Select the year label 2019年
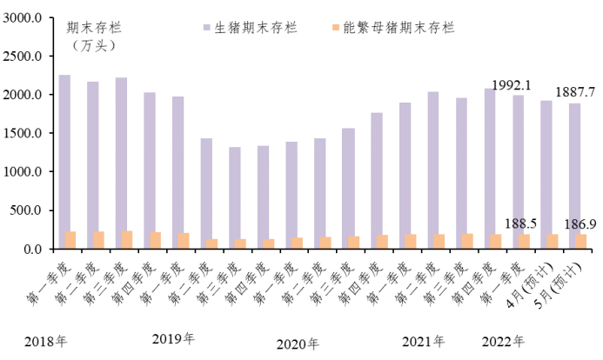tap(173, 338)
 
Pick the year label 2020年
tap(298, 343)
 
